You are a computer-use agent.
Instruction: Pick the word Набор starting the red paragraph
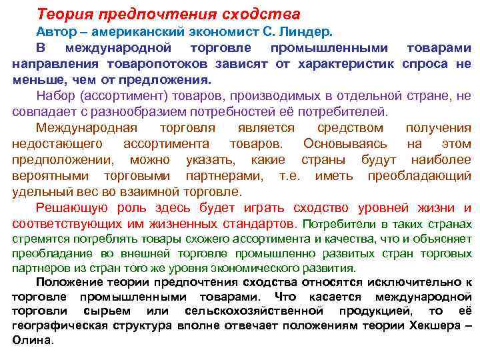click(x=54, y=96)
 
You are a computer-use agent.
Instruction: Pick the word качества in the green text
click(x=363, y=239)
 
